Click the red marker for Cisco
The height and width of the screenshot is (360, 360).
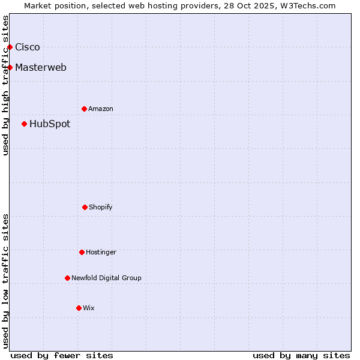(10, 47)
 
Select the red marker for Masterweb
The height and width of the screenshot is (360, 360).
(10, 67)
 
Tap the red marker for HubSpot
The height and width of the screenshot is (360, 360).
(24, 124)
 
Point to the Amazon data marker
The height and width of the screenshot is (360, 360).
(84, 109)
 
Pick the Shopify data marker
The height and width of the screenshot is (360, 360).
(85, 207)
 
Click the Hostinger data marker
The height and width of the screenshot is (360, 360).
(82, 252)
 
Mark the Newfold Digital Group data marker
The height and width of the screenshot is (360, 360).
(67, 278)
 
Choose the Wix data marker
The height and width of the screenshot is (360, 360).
(79, 308)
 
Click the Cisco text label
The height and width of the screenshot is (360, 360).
(28, 47)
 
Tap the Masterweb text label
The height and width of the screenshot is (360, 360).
(41, 67)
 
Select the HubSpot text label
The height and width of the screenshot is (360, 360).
(50, 124)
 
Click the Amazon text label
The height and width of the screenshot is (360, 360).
(101, 109)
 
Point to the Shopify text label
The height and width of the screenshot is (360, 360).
(101, 207)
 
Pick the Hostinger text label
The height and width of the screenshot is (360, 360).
(101, 252)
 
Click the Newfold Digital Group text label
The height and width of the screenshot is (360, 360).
(106, 278)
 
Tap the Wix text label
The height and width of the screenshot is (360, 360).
(89, 308)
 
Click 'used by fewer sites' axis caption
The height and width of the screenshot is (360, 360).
(62, 355)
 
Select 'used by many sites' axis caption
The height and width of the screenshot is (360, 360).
(301, 355)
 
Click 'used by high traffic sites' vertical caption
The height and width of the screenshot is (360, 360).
(5, 85)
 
